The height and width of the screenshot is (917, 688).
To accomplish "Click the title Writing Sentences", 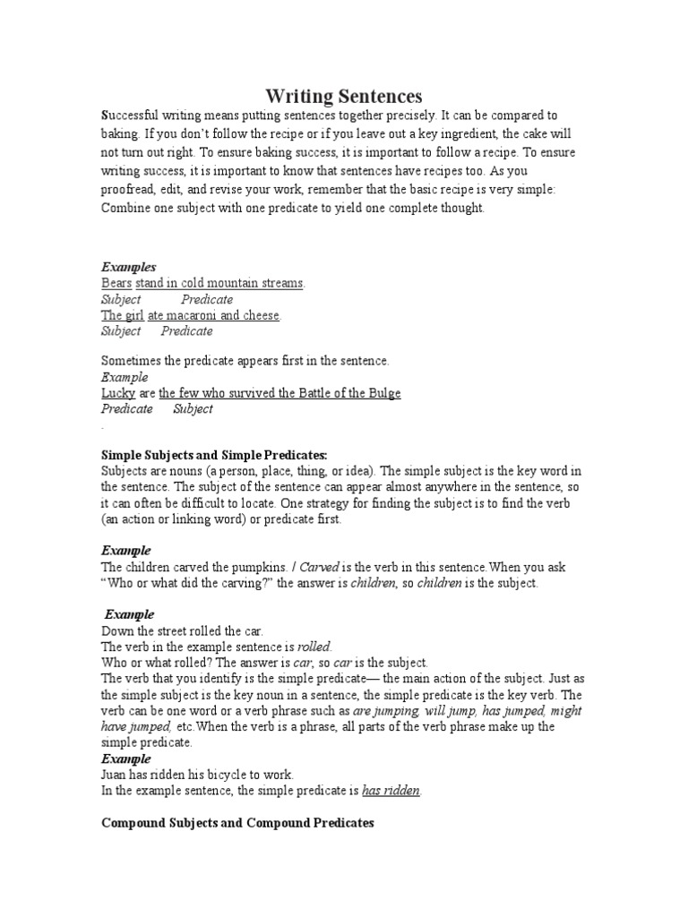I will click(344, 96).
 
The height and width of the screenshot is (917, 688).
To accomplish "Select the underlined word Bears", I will click(116, 284).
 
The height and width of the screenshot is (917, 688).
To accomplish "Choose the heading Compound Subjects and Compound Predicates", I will click(237, 822).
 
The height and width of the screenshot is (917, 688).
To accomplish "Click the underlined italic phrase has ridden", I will click(391, 791).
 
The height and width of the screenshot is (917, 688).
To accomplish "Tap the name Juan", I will click(115, 775).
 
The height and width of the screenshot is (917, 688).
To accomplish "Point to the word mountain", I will click(233, 284).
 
